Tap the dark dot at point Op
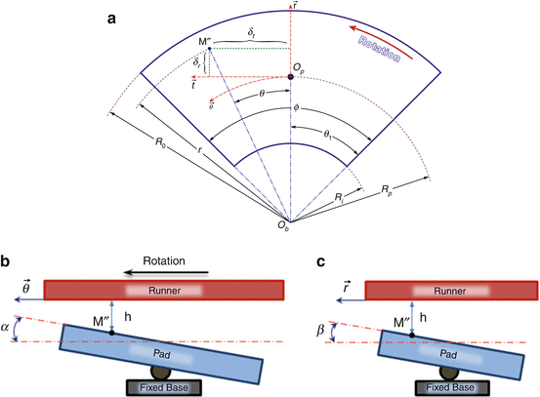(291, 76)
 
